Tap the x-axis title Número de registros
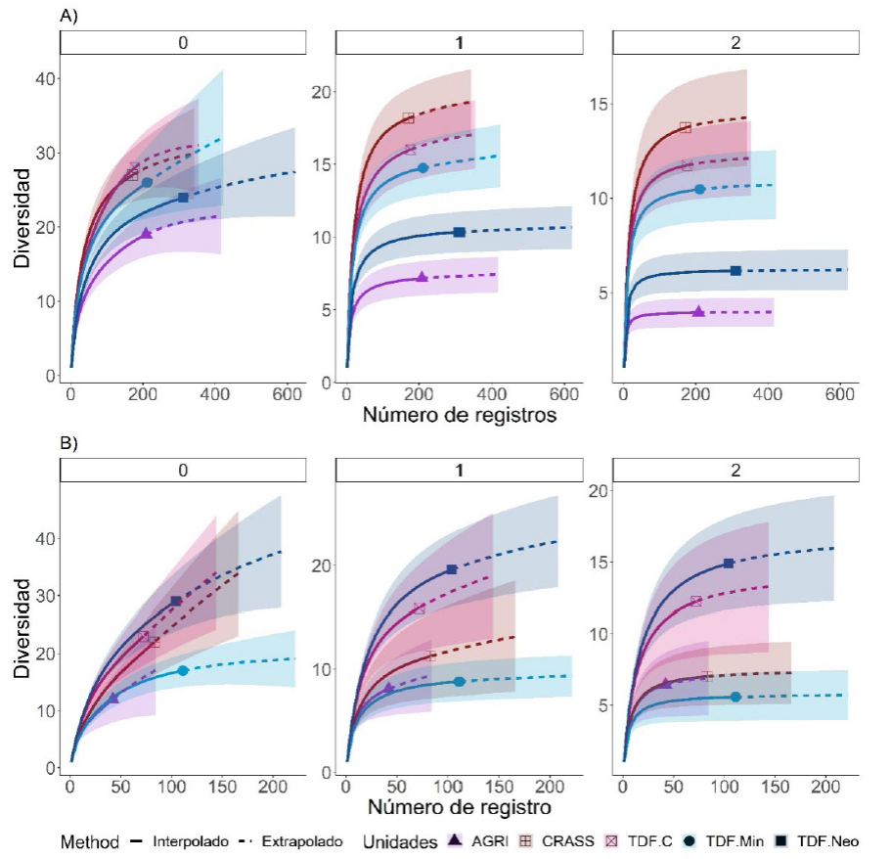point(458,415)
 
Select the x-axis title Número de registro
point(458,808)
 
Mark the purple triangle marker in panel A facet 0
point(147,233)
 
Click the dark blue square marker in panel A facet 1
point(459,232)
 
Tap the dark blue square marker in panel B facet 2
point(729,564)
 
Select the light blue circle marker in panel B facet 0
point(183,670)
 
